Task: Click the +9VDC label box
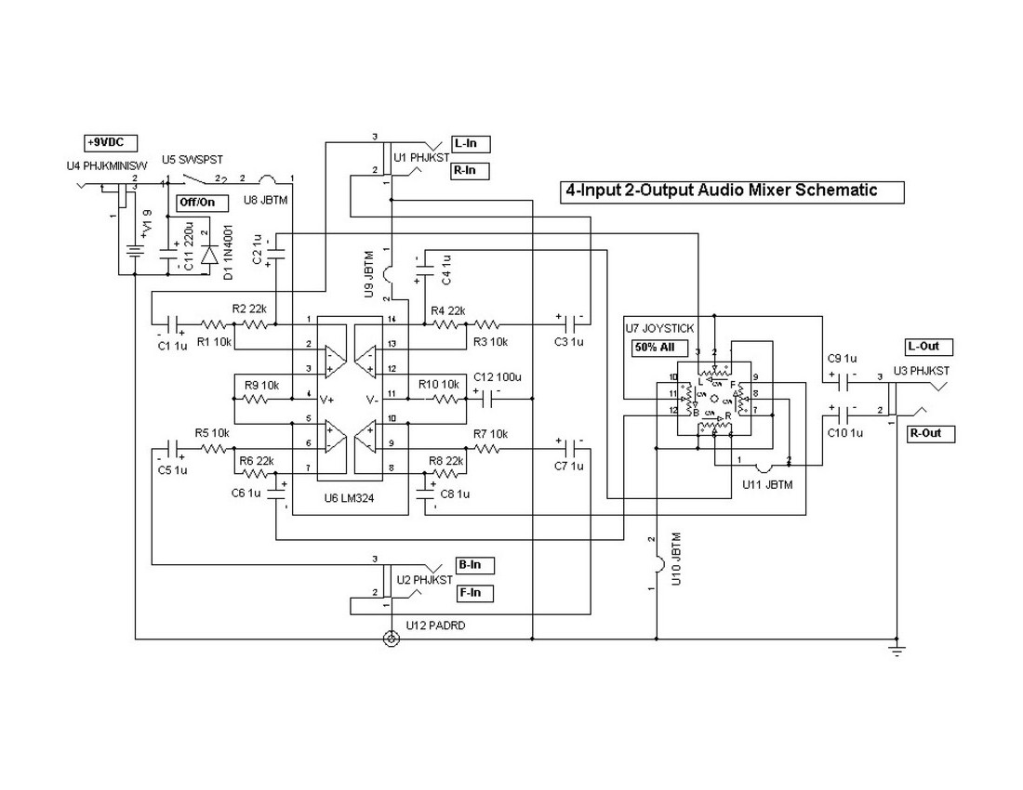tap(111, 143)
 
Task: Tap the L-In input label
tap(471, 143)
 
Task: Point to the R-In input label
tap(471, 171)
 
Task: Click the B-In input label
tap(473, 565)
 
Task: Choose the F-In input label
tap(473, 593)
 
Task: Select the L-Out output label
tap(929, 347)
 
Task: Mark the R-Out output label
tap(929, 433)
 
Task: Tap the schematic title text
tap(721, 191)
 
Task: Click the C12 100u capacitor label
tap(498, 377)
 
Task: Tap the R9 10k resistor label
tap(262, 383)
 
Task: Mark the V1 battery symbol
tap(136, 251)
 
